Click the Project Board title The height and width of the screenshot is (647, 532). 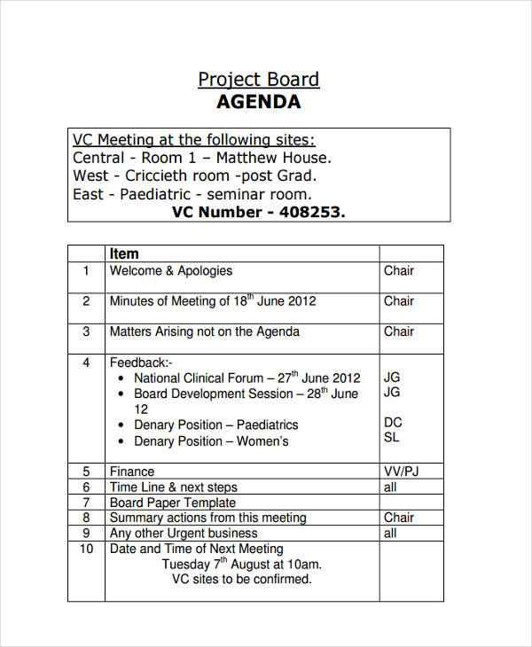coord(258,79)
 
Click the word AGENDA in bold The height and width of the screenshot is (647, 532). coord(258,102)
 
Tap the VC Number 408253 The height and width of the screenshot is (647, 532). coord(258,212)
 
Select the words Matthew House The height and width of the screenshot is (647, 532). coord(274,158)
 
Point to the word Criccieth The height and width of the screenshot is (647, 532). coord(168,176)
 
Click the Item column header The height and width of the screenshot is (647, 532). coord(124,253)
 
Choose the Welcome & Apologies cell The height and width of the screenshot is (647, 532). coord(170,271)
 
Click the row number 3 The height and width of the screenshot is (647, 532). coord(86,331)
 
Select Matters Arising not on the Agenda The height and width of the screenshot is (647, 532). coord(204,331)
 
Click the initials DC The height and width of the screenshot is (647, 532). coord(392,423)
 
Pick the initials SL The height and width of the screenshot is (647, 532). coord(391,437)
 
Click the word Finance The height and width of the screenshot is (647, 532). coord(131,472)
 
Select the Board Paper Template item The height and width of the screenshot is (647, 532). coord(173,503)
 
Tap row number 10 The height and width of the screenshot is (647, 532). coord(86,549)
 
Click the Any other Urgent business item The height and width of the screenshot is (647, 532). coord(184,534)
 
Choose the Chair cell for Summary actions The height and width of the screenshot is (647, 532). coord(399,518)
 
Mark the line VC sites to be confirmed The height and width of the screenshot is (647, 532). coord(241,580)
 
